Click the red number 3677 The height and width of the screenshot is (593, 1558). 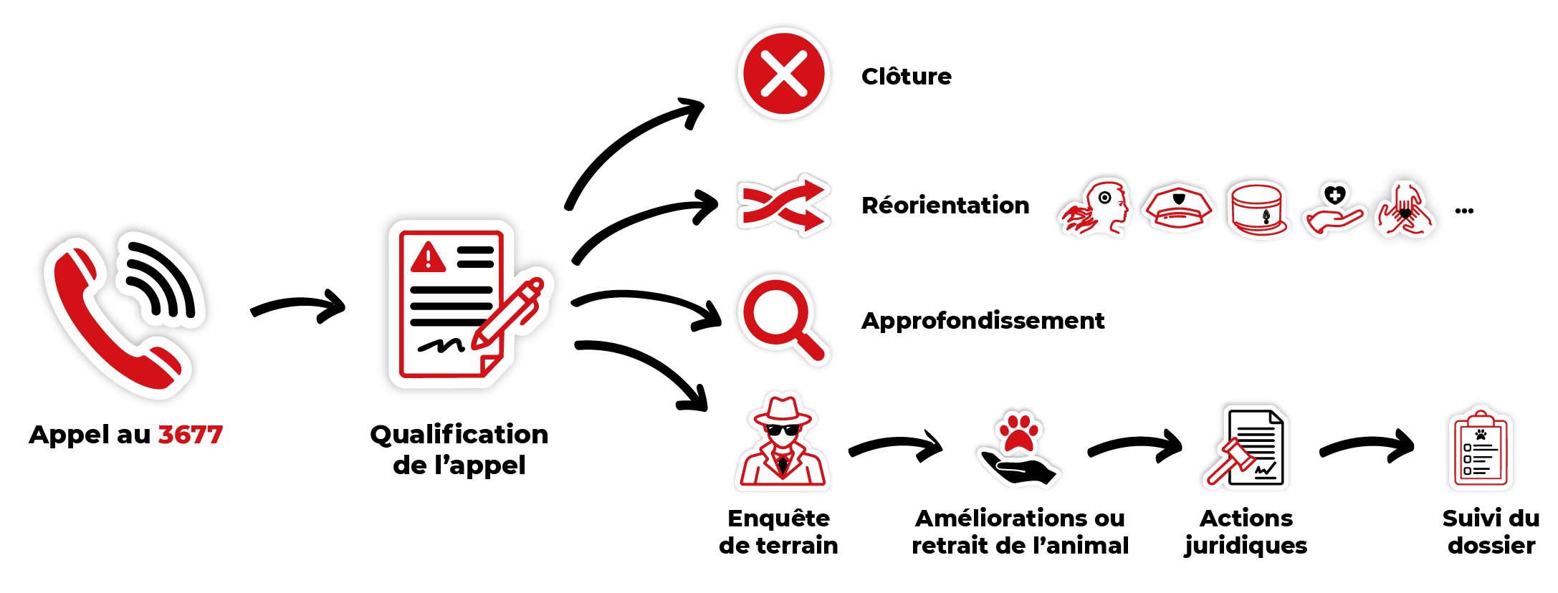(x=190, y=435)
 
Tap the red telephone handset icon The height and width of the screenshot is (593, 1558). (x=107, y=322)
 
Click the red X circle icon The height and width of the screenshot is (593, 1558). (x=783, y=74)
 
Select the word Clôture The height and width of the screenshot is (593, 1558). (x=907, y=77)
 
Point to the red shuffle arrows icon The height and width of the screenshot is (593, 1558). (x=783, y=206)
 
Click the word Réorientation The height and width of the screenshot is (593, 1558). (x=945, y=206)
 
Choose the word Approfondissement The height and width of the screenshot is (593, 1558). (x=983, y=321)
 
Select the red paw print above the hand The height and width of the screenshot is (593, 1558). (x=1018, y=432)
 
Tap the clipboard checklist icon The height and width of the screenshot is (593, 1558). (x=1481, y=452)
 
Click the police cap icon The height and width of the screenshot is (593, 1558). (x=1178, y=208)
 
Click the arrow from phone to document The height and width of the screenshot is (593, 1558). (x=298, y=307)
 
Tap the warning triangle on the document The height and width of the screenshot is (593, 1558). (x=428, y=258)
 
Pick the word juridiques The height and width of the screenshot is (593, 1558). (x=1246, y=546)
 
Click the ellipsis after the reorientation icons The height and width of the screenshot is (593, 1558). (x=1464, y=211)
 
